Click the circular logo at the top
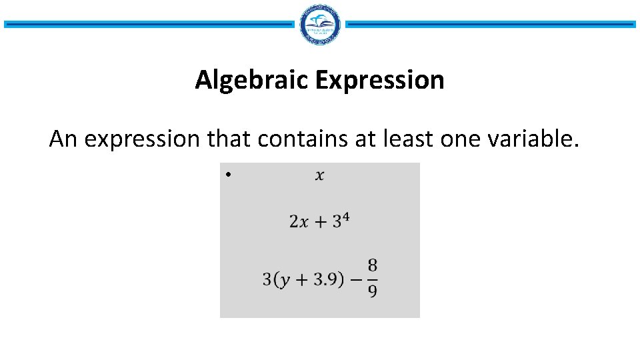pos(320,24)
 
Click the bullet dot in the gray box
pos(227,175)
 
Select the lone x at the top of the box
pos(320,175)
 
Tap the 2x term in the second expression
pos(299,222)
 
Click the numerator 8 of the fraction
pos(372,266)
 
